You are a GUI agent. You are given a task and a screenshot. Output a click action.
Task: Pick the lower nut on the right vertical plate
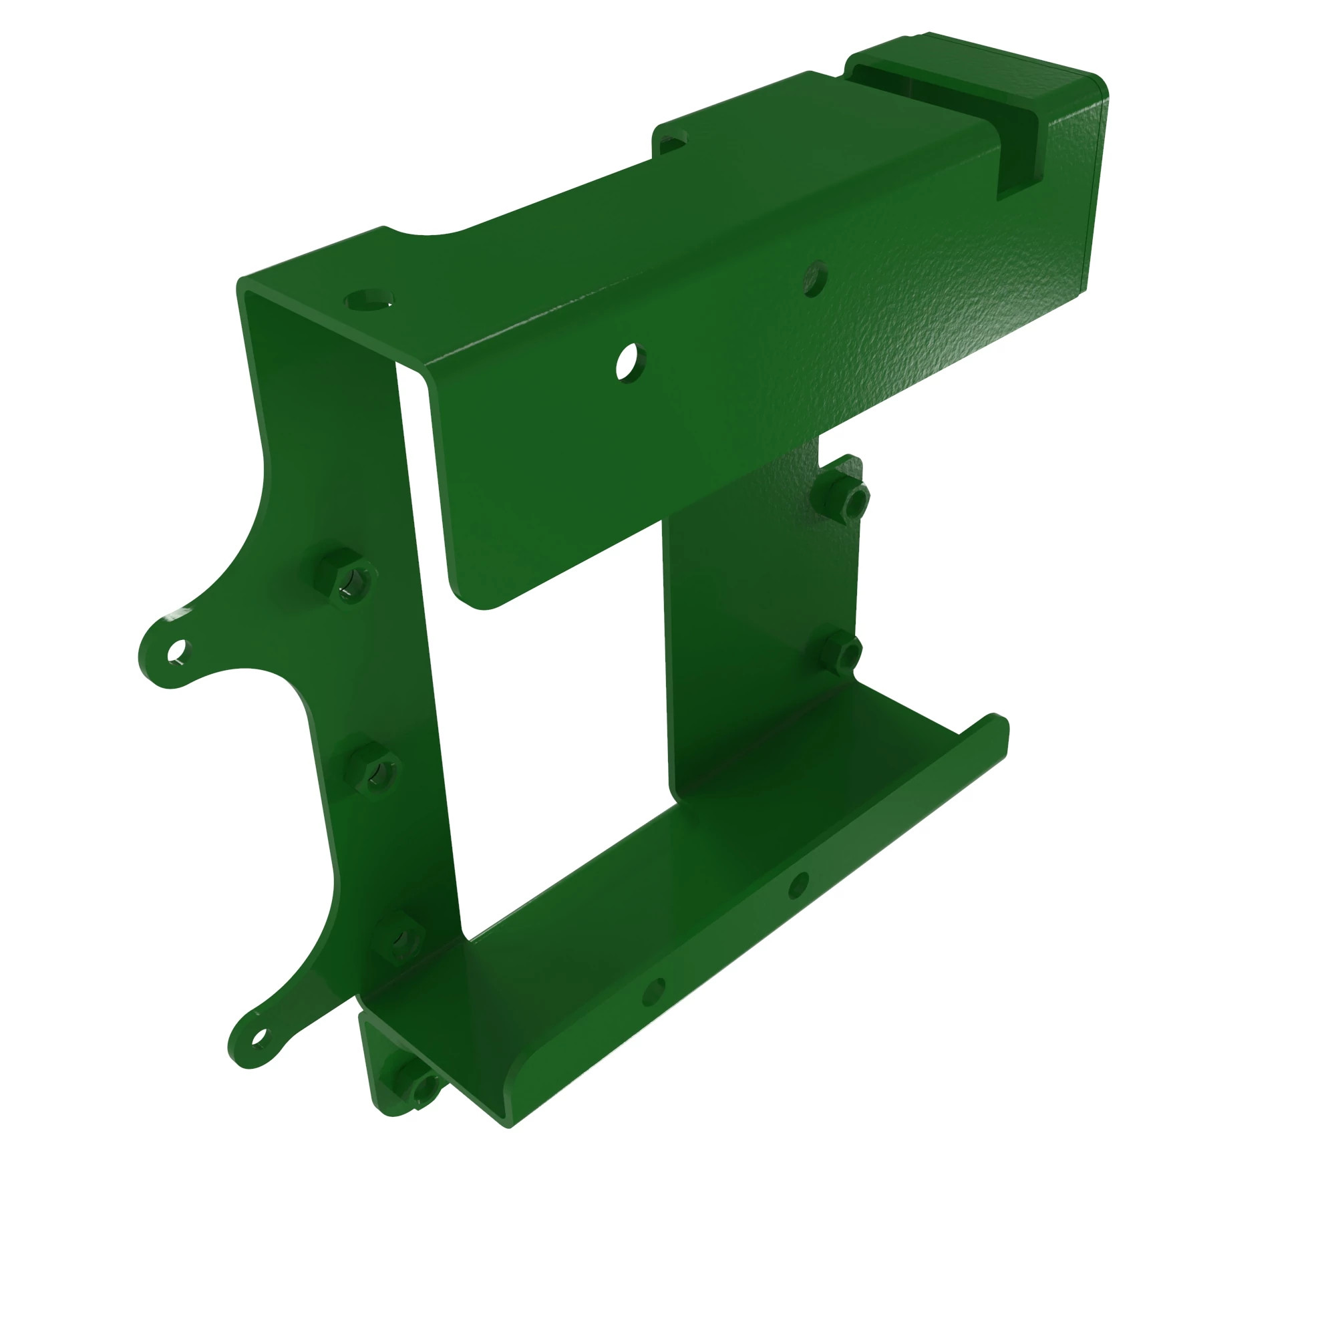pyautogui.click(x=840, y=652)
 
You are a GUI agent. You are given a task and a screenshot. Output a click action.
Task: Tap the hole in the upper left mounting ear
pyautogui.click(x=178, y=650)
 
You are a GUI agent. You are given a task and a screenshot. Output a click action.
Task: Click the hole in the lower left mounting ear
pyautogui.click(x=259, y=1037)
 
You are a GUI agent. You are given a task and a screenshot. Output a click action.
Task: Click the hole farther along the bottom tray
pyautogui.click(x=798, y=883)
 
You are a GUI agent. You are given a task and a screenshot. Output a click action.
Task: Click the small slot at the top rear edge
pyautogui.click(x=671, y=142)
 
